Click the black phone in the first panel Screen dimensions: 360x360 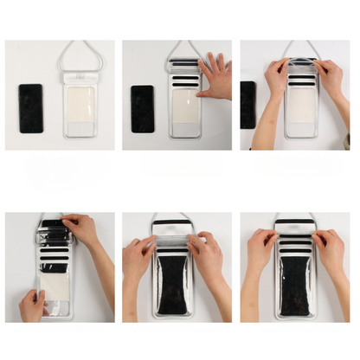(x=31, y=108)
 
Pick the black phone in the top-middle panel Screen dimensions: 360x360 (x=142, y=108)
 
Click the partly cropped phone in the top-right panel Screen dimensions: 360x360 (x=247, y=104)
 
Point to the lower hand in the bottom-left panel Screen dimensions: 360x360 (x=33, y=305)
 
